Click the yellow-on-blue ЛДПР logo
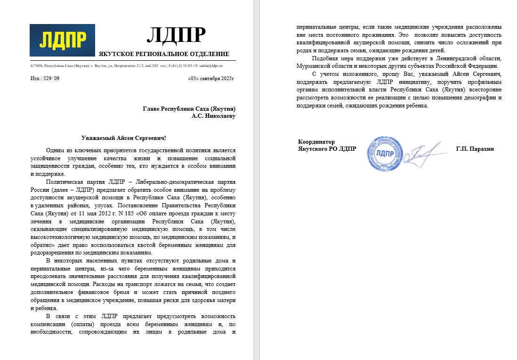tap(62, 41)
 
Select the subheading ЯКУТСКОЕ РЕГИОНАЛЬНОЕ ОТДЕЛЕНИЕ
tap(164, 54)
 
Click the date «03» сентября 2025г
tap(210, 78)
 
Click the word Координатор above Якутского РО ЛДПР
tap(316, 142)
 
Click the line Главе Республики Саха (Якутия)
tap(189, 108)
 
